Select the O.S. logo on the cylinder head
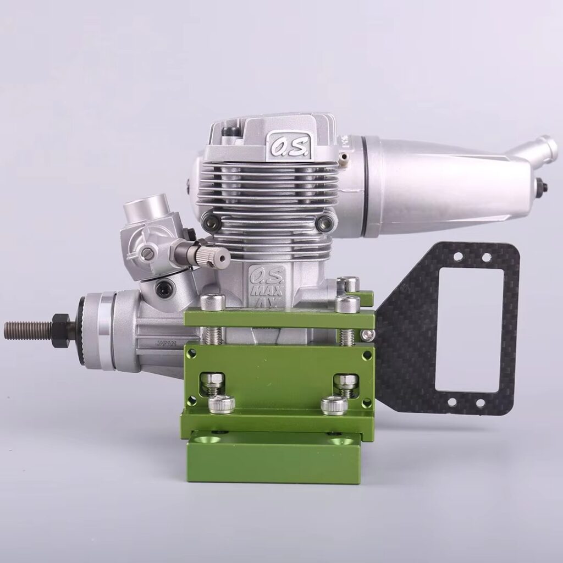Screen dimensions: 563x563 click(281, 145)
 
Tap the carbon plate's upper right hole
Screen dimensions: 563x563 click(486, 257)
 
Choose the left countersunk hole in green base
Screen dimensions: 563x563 click(210, 440)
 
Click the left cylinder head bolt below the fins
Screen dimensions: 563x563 click(209, 221)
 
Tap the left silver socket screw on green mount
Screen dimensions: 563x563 click(222, 405)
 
